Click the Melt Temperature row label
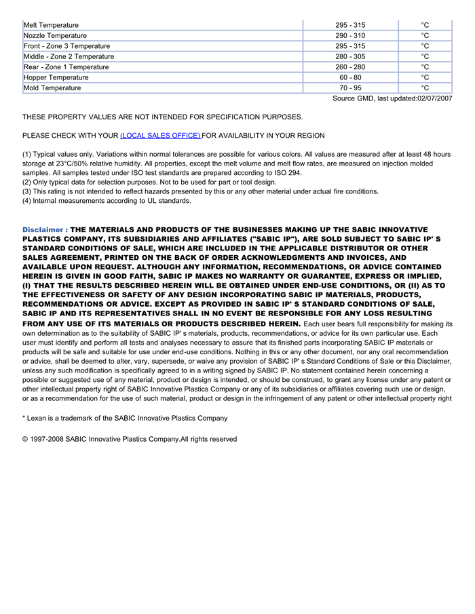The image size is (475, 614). point(51,25)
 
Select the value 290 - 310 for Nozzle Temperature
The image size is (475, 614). point(350,35)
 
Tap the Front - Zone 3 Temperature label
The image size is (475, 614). point(66,46)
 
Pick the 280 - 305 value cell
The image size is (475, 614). point(350,56)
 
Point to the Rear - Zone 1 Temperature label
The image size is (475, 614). point(66,67)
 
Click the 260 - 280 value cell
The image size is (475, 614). point(350,67)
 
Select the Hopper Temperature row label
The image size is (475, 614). point(56,77)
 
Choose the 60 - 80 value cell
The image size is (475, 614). point(350,77)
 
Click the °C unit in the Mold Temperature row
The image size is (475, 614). point(425,88)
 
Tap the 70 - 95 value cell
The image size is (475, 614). point(350,88)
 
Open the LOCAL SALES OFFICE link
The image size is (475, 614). point(160,136)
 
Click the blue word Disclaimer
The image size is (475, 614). point(43,230)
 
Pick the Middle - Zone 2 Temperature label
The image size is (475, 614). point(69,56)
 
